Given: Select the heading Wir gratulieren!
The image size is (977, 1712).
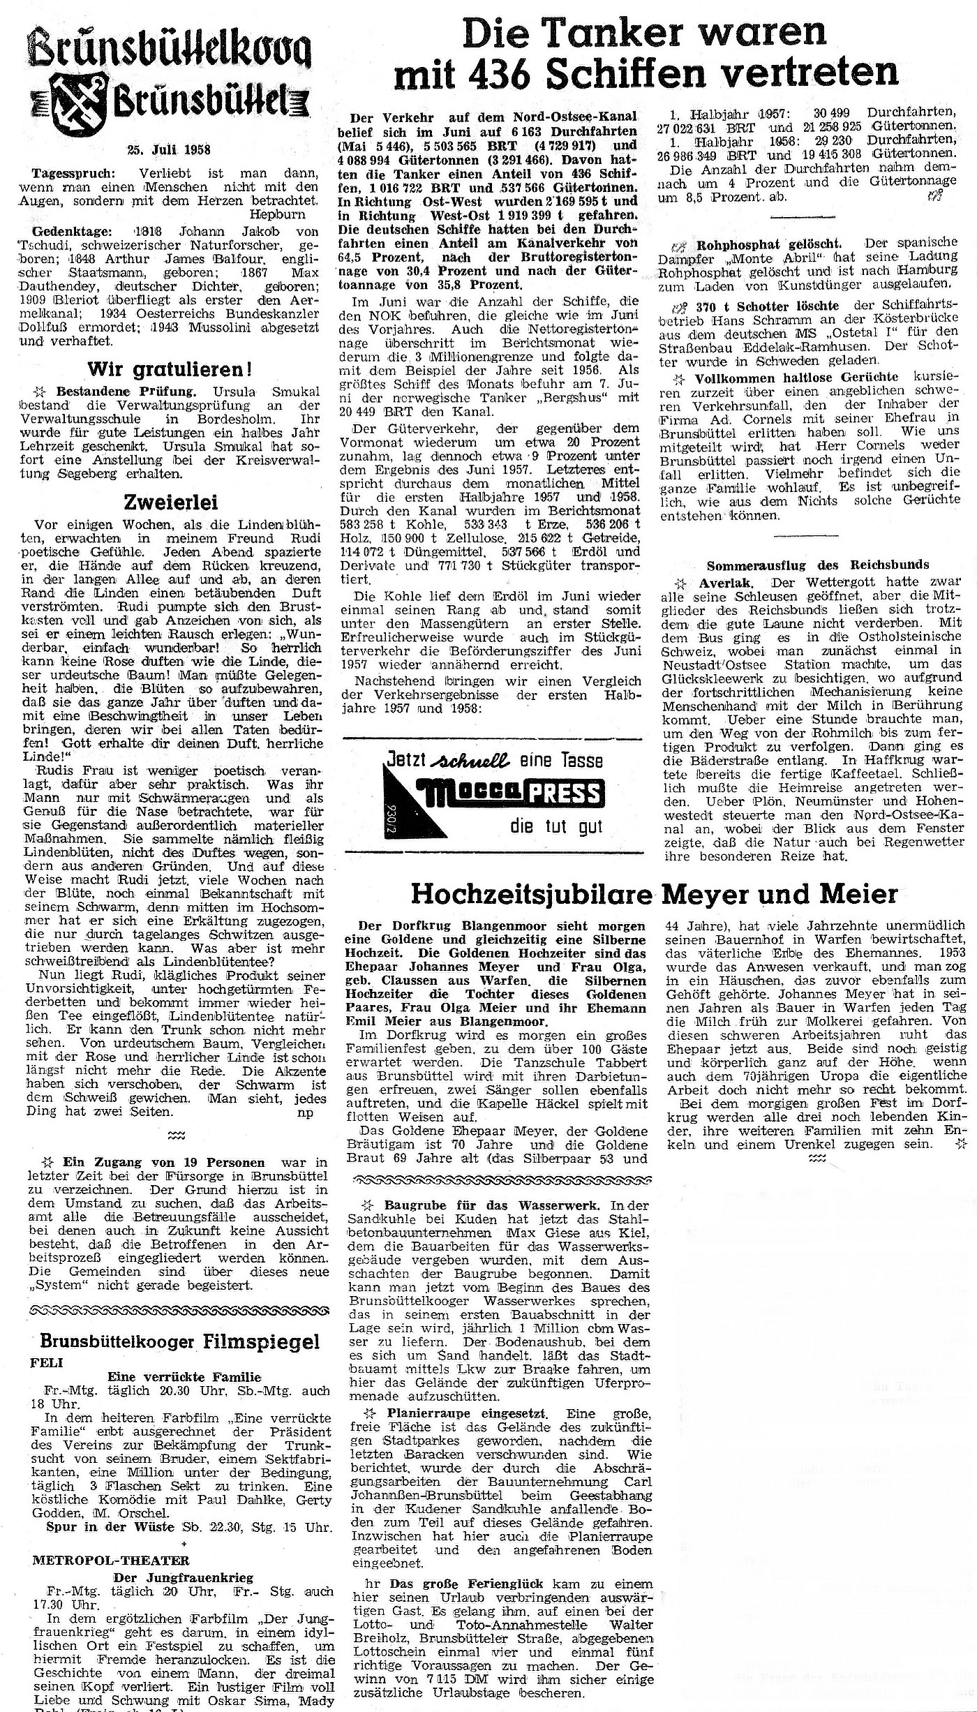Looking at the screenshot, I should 170,369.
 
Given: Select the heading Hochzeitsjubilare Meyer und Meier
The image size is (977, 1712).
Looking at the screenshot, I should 655,894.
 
